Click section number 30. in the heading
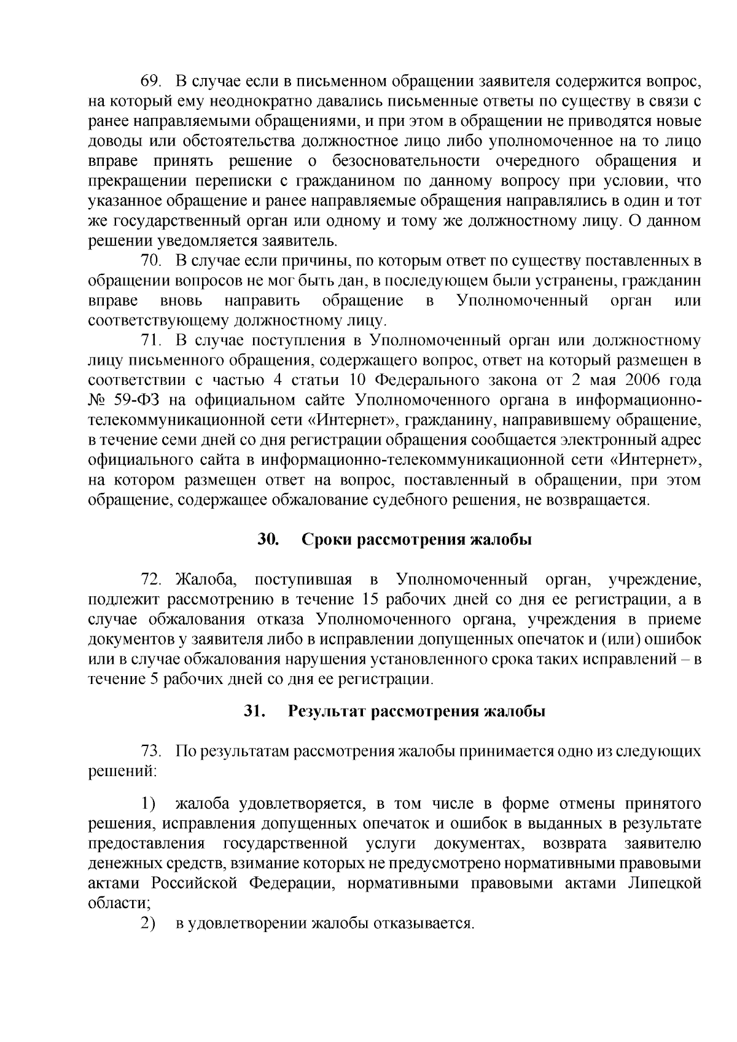click(x=268, y=540)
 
